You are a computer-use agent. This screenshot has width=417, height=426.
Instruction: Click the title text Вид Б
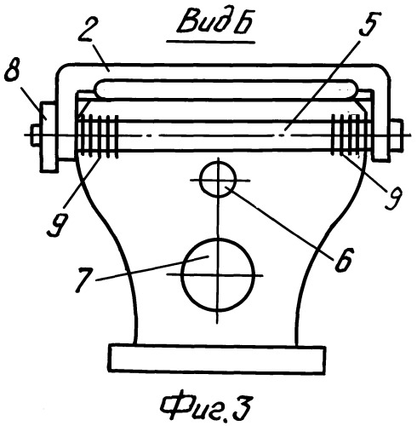(x=214, y=22)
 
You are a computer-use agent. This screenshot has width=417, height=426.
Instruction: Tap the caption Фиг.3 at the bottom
(x=205, y=408)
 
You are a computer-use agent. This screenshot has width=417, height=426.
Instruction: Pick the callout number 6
(x=344, y=260)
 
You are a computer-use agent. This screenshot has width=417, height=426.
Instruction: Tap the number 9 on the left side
(x=58, y=224)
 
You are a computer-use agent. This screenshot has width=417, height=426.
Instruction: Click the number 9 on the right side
(x=393, y=197)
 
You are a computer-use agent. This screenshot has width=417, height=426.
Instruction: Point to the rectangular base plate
(x=218, y=359)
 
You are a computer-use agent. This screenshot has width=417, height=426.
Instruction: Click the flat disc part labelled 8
(x=49, y=136)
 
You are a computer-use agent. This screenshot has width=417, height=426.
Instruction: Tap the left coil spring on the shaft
(x=98, y=135)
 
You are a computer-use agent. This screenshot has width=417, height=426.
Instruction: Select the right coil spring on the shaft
(x=351, y=135)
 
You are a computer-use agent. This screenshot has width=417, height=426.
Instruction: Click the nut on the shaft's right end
(x=397, y=135)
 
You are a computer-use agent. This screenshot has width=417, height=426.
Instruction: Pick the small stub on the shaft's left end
(x=37, y=135)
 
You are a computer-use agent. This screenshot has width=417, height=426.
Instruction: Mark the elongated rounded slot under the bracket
(x=226, y=89)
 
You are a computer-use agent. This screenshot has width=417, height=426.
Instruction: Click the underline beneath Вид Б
(x=210, y=42)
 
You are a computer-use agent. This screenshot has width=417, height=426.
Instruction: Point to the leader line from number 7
(x=152, y=268)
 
